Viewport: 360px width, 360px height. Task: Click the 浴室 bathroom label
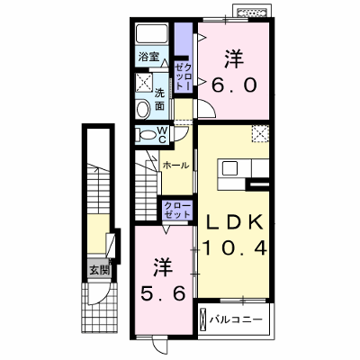(148, 57)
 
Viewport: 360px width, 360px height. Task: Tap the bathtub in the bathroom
(151, 33)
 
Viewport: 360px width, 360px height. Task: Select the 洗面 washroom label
(159, 100)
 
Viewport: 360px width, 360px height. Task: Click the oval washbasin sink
(143, 109)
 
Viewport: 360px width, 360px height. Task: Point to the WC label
(162, 135)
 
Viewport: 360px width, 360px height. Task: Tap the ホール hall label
(175, 165)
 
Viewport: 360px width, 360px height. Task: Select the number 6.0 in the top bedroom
(234, 85)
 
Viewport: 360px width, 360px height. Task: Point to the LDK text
(233, 222)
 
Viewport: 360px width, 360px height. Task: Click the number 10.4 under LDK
(234, 248)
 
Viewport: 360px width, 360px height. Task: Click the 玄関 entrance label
(99, 271)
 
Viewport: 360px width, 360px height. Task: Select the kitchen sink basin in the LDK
(229, 168)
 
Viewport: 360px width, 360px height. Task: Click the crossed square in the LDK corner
(260, 133)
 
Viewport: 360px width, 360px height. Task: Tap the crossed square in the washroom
(144, 81)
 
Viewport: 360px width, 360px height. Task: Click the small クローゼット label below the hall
(177, 210)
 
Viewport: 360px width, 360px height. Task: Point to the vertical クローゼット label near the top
(183, 77)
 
